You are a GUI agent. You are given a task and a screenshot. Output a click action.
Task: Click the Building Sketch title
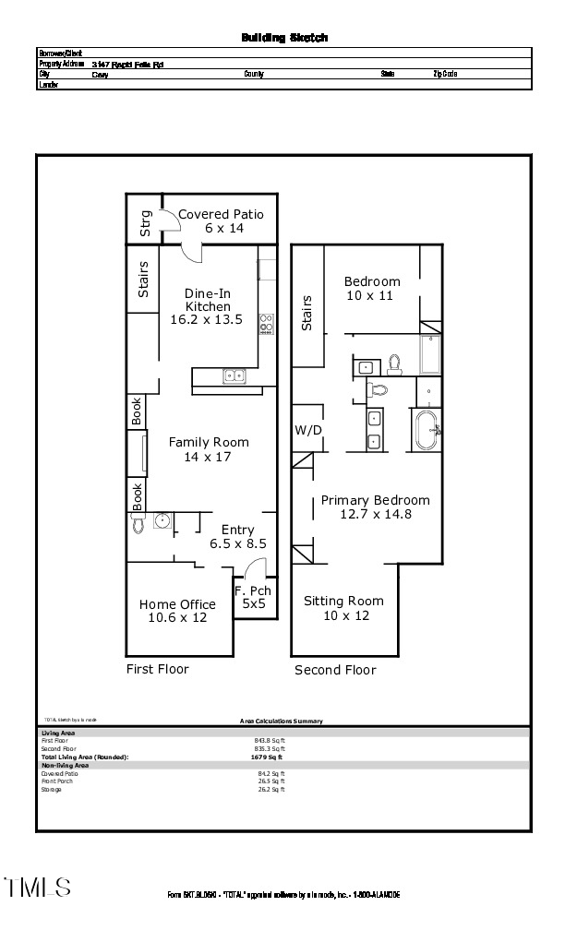pyautogui.click(x=284, y=38)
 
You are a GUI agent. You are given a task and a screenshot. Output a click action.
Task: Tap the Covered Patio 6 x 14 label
pyautogui.click(x=221, y=221)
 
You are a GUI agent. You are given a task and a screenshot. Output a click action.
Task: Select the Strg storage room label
pyautogui.click(x=145, y=224)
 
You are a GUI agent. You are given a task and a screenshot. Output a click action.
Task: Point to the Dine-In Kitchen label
pyautogui.click(x=208, y=306)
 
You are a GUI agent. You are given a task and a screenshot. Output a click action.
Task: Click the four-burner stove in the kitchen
pyautogui.click(x=267, y=323)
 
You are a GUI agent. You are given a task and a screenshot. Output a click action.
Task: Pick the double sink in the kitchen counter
pyautogui.click(x=233, y=376)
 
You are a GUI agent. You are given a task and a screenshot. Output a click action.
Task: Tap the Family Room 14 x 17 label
pyautogui.click(x=209, y=449)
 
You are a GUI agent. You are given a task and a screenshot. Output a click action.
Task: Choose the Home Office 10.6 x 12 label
pyautogui.click(x=177, y=611)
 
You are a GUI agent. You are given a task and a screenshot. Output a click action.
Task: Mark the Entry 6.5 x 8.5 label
pyautogui.click(x=237, y=536)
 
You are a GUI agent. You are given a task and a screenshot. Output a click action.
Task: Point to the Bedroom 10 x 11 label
pyautogui.click(x=372, y=289)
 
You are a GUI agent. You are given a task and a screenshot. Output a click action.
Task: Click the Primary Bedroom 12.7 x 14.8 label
pyautogui.click(x=375, y=507)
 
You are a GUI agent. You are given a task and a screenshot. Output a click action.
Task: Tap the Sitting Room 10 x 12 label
pyautogui.click(x=343, y=608)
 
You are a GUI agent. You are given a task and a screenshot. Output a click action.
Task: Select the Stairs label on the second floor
pyautogui.click(x=307, y=313)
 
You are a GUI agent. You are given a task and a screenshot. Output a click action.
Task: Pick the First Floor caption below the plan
pyautogui.click(x=157, y=669)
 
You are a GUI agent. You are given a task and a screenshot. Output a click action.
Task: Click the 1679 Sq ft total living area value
pyautogui.click(x=271, y=757)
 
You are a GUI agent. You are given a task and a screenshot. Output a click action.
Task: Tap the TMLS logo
pyautogui.click(x=38, y=888)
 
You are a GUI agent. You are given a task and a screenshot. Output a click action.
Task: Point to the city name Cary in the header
pyautogui.click(x=99, y=74)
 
